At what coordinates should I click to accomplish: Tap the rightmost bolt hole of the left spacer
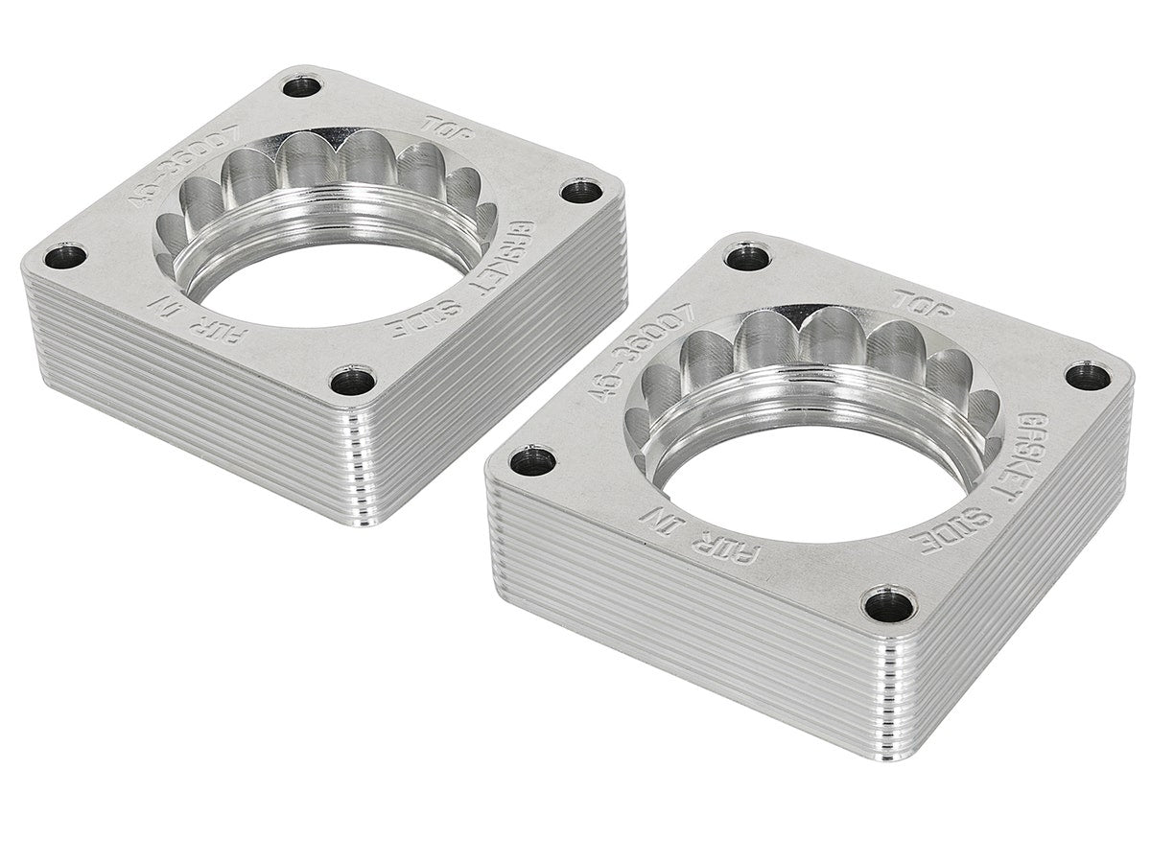pyautogui.click(x=581, y=191)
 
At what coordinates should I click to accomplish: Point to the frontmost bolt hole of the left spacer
pyautogui.click(x=354, y=381)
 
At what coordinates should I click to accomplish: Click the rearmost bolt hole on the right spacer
pyautogui.click(x=748, y=256)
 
